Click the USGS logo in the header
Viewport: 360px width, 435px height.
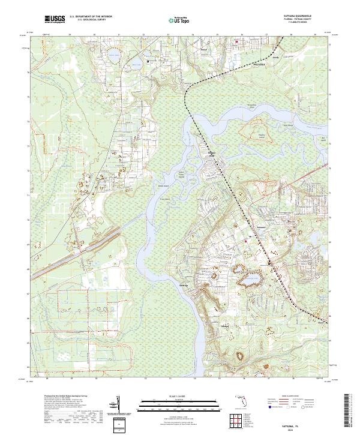click(x=55, y=19)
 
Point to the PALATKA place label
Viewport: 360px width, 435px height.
click(x=258, y=62)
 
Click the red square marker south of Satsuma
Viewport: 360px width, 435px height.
click(x=246, y=241)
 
